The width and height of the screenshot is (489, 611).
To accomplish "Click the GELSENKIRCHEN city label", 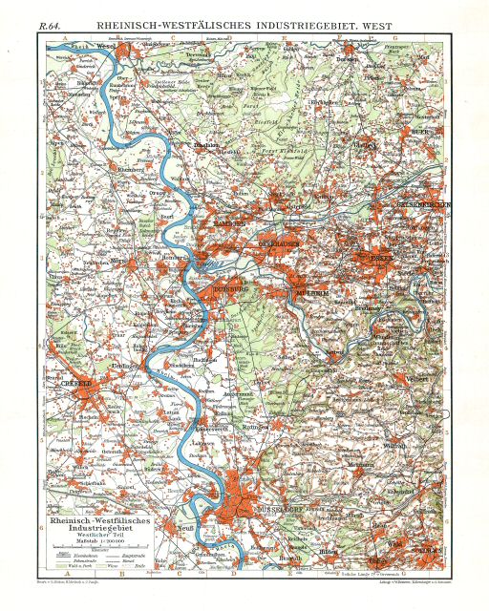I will click(x=415, y=203).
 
